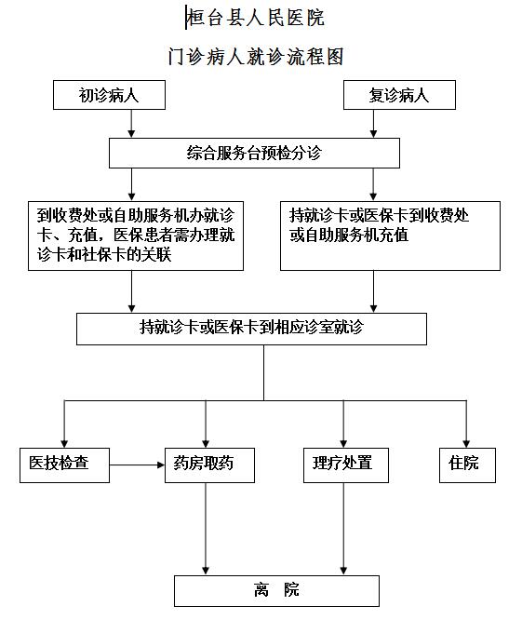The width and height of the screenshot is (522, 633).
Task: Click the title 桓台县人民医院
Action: tap(256, 18)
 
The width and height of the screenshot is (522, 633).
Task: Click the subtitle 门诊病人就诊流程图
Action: tap(256, 56)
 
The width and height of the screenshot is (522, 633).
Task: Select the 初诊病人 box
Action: tap(109, 95)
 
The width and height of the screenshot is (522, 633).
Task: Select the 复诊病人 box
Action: tap(399, 95)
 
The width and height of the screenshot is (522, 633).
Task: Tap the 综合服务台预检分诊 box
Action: tap(254, 153)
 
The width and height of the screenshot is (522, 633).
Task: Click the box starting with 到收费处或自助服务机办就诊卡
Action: tap(136, 236)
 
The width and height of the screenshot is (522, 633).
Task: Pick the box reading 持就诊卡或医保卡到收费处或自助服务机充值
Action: tap(390, 236)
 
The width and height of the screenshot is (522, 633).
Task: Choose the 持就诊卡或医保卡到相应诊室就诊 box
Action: tap(251, 329)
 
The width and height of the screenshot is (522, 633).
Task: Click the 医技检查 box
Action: tap(64, 465)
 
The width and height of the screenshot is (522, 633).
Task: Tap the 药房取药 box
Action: tap(209, 465)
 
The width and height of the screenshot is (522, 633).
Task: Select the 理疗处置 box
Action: tap(346, 465)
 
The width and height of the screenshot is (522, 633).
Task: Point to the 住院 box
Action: tap(467, 465)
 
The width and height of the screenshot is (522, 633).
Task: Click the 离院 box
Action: tap(276, 591)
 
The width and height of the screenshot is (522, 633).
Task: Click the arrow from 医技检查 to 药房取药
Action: tap(137, 465)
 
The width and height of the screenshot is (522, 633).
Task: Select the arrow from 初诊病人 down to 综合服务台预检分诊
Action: tap(131, 124)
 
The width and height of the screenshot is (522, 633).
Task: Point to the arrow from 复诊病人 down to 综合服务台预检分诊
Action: tap(373, 124)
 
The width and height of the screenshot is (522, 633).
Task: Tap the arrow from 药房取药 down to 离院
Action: tap(206, 529)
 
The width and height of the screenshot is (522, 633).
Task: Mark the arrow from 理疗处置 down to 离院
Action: tap(343, 529)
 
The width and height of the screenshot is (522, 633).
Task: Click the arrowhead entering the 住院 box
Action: tap(466, 444)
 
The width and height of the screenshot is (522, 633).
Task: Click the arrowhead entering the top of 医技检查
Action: tap(64, 444)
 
